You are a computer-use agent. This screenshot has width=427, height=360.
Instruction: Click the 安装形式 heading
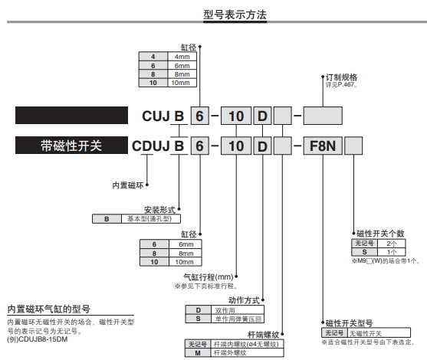[x=160, y=210]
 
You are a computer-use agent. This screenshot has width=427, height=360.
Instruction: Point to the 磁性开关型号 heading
[x=352, y=325]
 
